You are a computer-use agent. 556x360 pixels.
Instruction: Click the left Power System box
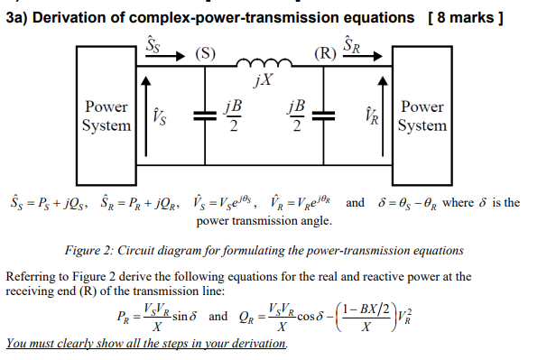point(107,115)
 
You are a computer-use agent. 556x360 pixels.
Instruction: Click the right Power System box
point(423,115)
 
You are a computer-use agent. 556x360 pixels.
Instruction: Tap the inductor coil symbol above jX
point(262,65)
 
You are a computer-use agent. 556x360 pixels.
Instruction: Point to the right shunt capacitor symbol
point(329,115)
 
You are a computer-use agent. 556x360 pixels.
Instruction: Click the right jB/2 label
point(295,115)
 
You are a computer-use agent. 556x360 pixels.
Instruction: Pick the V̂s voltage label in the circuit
point(160,116)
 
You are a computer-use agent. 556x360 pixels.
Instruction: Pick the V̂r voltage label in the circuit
point(369,116)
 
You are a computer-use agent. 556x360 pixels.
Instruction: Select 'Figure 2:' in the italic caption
point(93,249)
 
